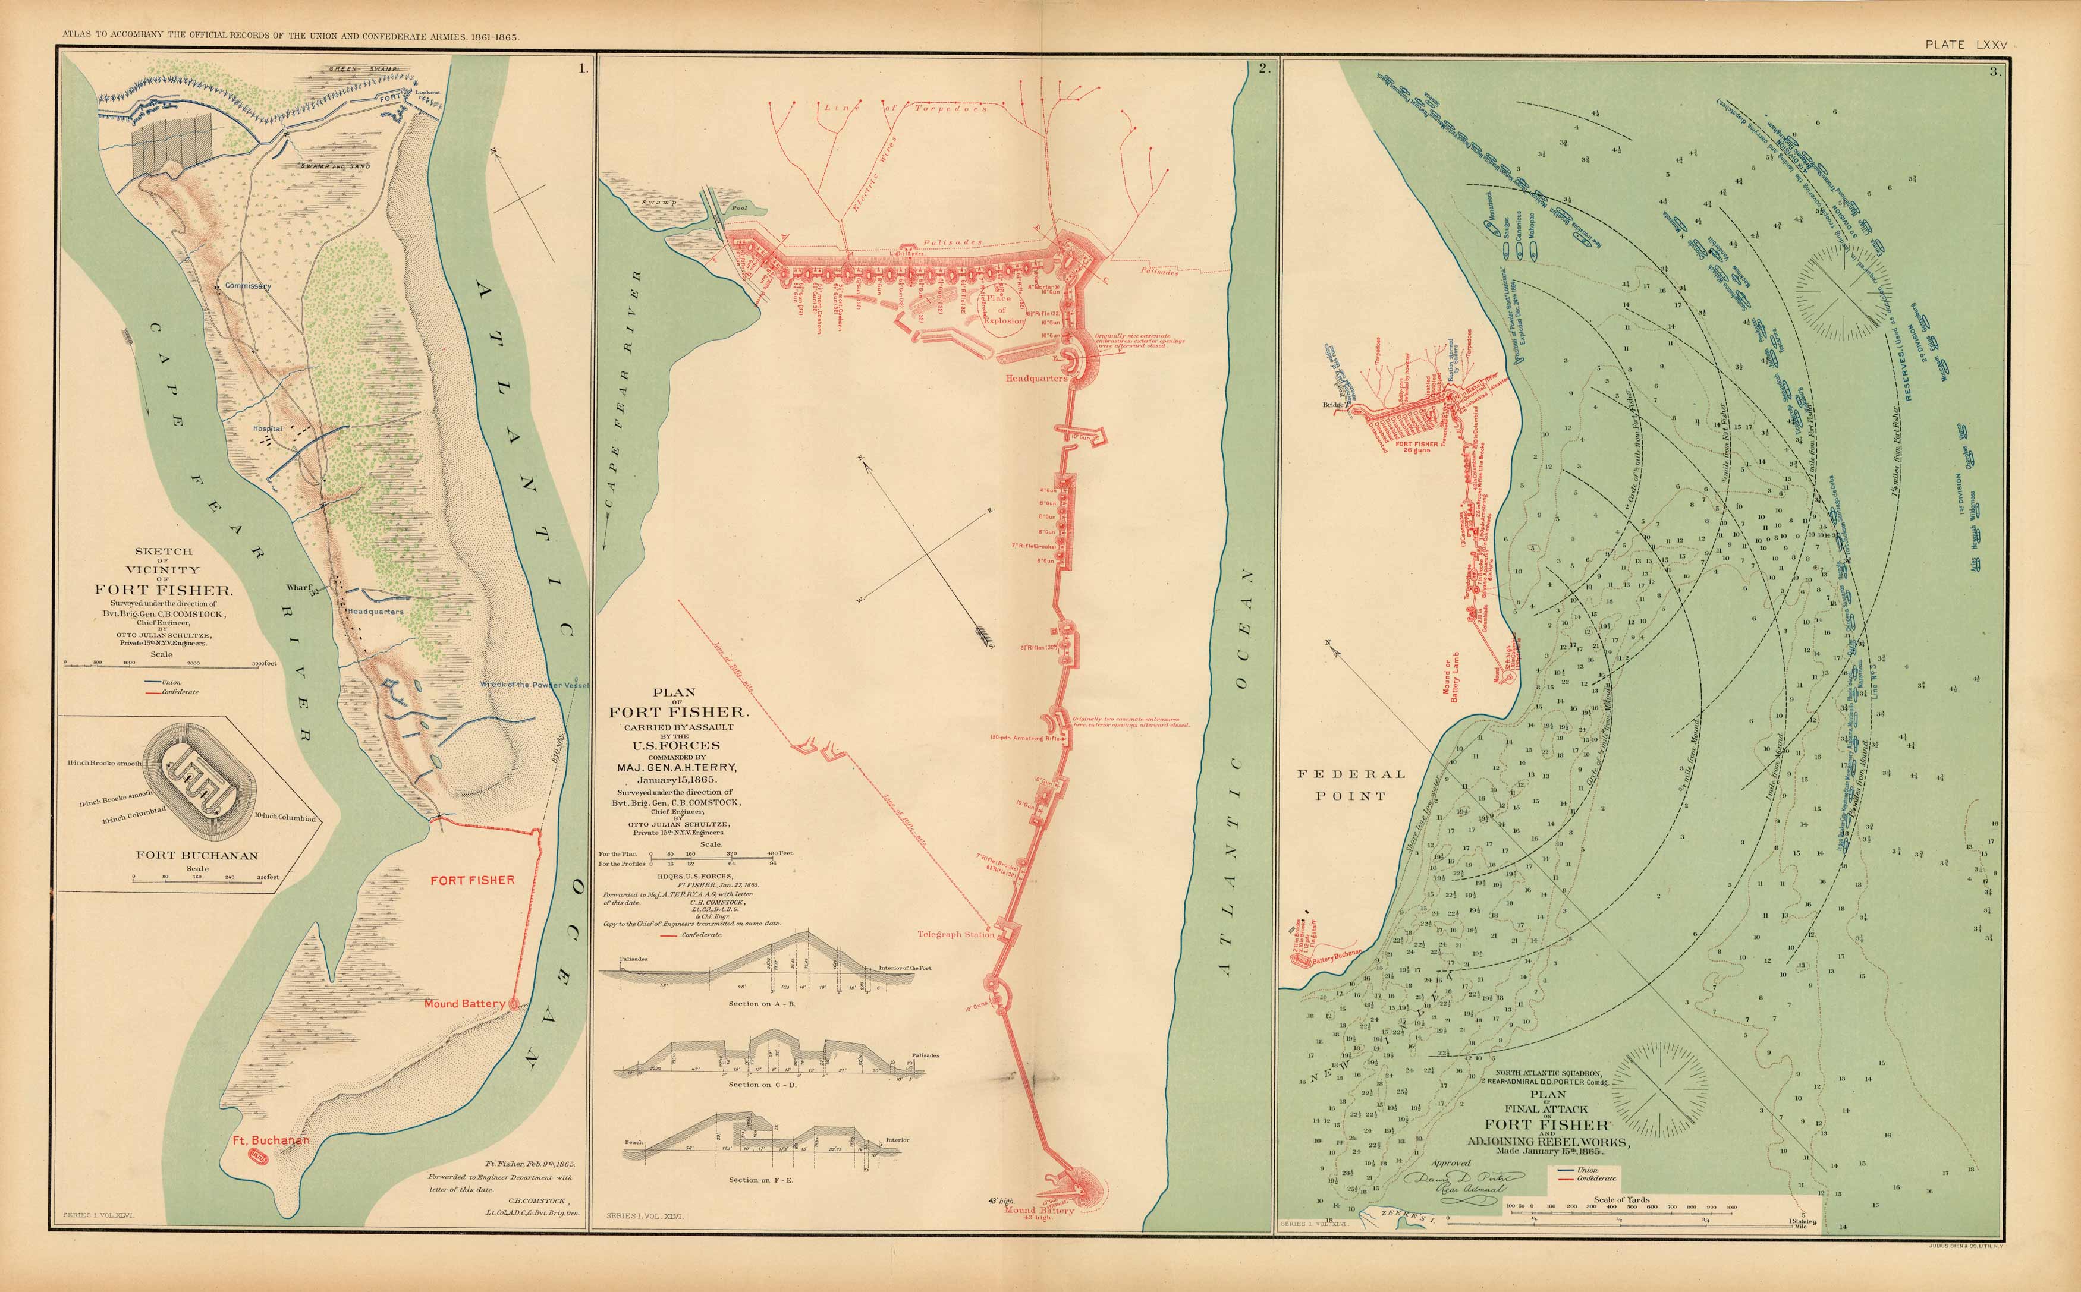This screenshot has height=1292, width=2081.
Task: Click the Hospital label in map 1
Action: pos(268,428)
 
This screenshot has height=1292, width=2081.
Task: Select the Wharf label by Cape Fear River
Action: pos(299,588)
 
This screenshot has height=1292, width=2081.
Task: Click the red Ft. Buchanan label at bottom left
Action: pos(271,1140)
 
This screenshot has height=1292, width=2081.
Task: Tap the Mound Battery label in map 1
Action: pos(464,1003)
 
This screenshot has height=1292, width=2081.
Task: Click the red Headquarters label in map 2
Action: pos(1036,378)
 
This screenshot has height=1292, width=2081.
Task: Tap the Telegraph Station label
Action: pos(955,934)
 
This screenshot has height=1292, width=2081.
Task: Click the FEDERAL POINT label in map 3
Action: pos(1350,784)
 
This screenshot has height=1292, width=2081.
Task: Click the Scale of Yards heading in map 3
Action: pos(1621,1199)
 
